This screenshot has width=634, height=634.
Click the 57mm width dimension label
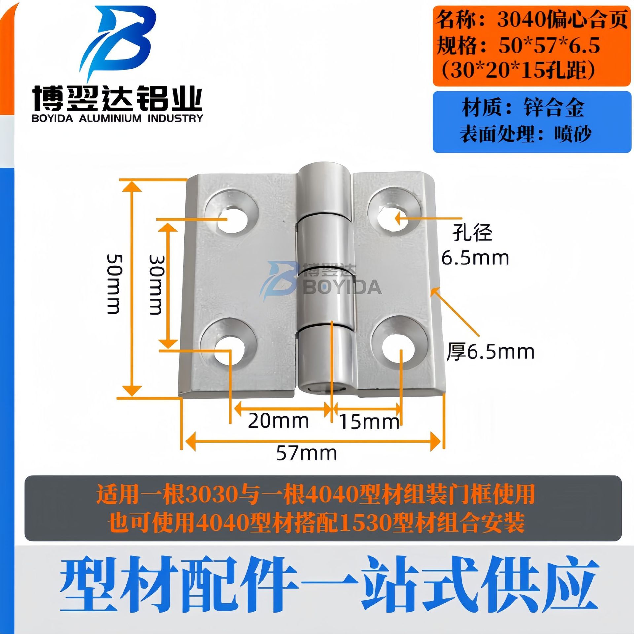pyautogui.click(x=306, y=453)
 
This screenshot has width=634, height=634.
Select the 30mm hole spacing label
pyautogui.click(x=156, y=284)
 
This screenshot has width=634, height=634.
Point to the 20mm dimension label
pyautogui.click(x=278, y=421)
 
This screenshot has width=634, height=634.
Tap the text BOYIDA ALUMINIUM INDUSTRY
pyautogui.click(x=117, y=118)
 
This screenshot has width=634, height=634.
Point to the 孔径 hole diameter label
pyautogui.click(x=472, y=232)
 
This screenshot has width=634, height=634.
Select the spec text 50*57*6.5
pyautogui.click(x=549, y=45)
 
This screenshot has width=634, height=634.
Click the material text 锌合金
pyautogui.click(x=553, y=108)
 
